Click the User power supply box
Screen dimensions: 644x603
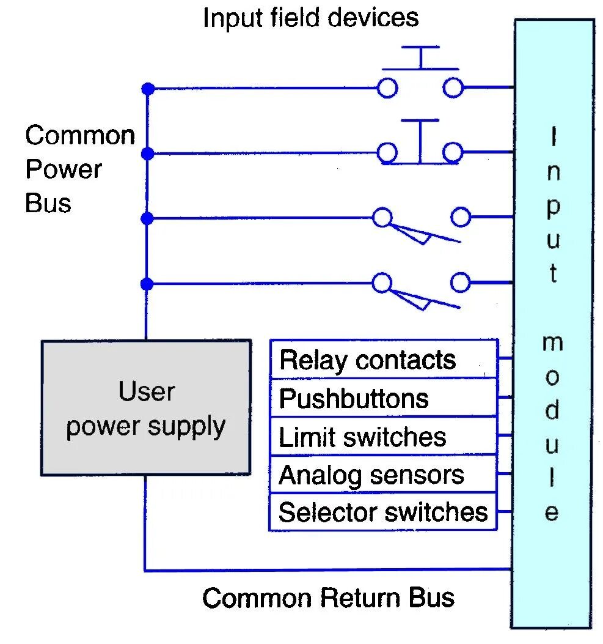coord(145,408)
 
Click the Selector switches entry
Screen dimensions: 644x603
coord(383,512)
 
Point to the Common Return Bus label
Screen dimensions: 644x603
coord(328,598)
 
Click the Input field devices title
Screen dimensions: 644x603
coord(310,18)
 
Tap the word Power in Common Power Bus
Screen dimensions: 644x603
coord(63,169)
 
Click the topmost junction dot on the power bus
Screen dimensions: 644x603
coord(147,89)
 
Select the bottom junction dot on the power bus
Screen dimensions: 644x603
coord(147,284)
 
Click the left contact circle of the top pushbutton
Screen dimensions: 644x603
coord(387,89)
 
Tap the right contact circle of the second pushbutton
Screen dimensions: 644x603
coord(453,152)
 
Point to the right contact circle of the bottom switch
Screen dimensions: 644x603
coord(461,283)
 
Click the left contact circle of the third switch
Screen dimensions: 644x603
coord(382,217)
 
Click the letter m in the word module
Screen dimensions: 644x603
coord(552,343)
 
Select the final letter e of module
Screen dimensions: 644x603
coord(552,513)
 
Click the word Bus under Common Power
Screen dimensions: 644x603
coord(48,203)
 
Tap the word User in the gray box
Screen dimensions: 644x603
coord(146,391)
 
